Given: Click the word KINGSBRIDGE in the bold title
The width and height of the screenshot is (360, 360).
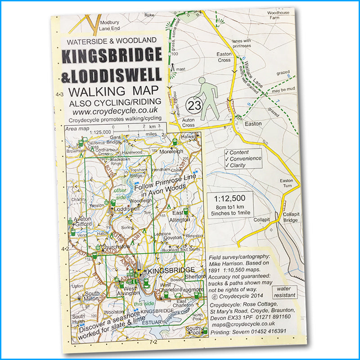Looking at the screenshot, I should [111, 56].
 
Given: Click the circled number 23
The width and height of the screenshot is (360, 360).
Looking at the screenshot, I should [195, 106].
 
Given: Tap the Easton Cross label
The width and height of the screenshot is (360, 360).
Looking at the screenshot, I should [224, 57].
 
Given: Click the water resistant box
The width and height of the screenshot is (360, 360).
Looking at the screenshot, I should [285, 292].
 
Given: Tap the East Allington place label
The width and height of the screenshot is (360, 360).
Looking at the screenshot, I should [182, 216].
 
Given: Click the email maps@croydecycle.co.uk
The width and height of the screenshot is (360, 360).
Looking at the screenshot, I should [249, 324].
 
